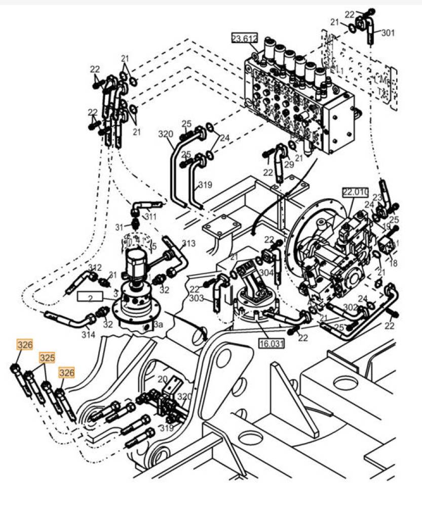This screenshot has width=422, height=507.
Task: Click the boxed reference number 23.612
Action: coord(245,39)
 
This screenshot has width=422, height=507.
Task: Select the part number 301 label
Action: coord(388,33)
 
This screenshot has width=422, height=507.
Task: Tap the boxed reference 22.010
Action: coord(354,192)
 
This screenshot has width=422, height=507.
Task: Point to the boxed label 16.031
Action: coord(272,344)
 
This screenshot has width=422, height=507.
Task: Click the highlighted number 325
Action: coord(47,358)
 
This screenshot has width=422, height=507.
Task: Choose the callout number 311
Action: coord(150,216)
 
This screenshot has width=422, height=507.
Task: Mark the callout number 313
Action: coord(188,244)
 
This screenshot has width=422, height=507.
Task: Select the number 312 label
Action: coord(95,267)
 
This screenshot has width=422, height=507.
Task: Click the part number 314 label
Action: coord(88,335)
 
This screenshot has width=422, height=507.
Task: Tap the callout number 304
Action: coord(266,272)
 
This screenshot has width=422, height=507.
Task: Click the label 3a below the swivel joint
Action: coord(159,323)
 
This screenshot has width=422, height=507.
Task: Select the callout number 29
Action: coord(289,164)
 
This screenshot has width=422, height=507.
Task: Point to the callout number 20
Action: coord(162,379)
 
